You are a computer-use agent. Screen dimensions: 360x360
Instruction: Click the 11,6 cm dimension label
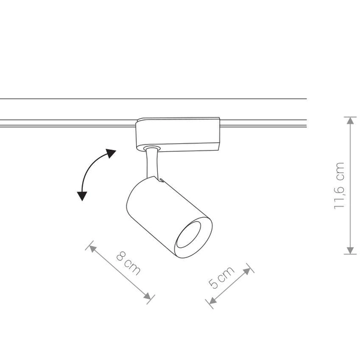pos(340,185)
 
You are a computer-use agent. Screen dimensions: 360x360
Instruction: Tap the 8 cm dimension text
pos(128,263)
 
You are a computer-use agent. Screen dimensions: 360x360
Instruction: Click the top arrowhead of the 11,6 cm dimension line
pos(350,119)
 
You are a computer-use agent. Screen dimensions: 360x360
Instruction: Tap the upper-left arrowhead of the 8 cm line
pos(92,247)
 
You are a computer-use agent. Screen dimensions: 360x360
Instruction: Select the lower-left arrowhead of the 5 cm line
pos(210,302)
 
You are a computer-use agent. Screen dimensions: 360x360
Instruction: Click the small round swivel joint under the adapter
pos(150,148)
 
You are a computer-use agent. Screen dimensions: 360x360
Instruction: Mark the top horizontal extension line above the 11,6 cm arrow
pos(350,116)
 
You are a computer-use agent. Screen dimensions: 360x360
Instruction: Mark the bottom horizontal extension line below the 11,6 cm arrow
pos(350,254)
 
